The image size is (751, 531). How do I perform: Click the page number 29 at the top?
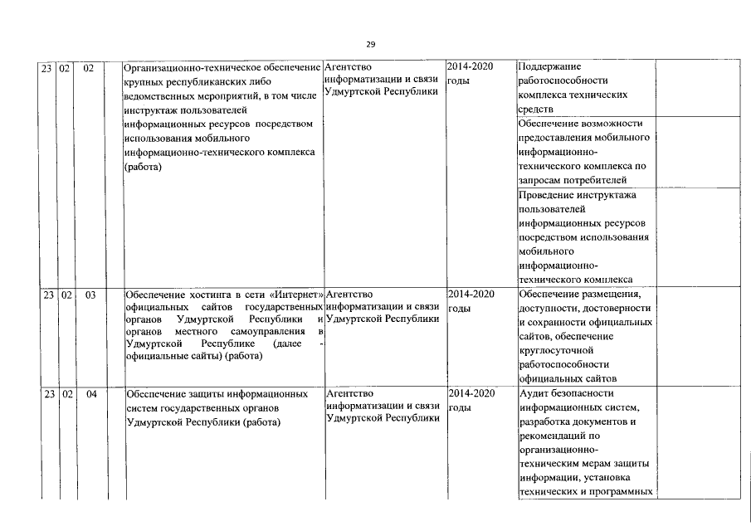click(370, 45)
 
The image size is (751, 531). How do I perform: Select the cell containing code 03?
click(90, 295)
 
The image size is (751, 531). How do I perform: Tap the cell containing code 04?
click(90, 394)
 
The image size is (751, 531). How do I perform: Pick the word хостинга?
click(202, 295)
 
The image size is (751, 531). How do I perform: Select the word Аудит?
click(534, 393)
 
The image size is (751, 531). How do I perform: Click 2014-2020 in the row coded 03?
click(471, 294)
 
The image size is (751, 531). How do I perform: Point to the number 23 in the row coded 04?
click(48, 394)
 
